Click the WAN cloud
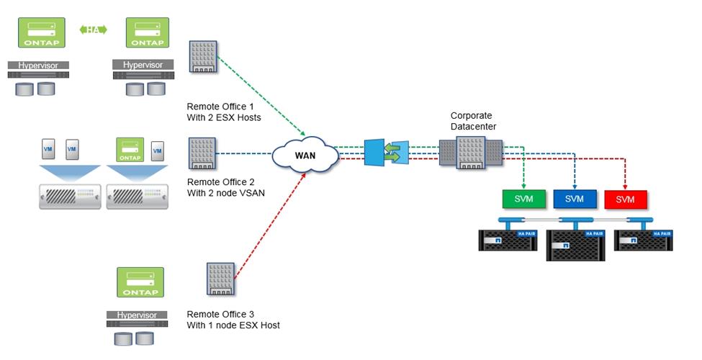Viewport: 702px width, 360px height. click(305, 154)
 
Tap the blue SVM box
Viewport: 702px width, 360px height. click(574, 199)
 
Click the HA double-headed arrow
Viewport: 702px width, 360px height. click(93, 30)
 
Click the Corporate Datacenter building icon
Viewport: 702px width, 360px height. click(471, 151)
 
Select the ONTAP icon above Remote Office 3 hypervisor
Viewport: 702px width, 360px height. click(141, 282)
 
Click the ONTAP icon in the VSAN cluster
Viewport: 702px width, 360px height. click(129, 150)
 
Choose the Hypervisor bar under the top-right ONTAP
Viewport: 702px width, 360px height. click(143, 66)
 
